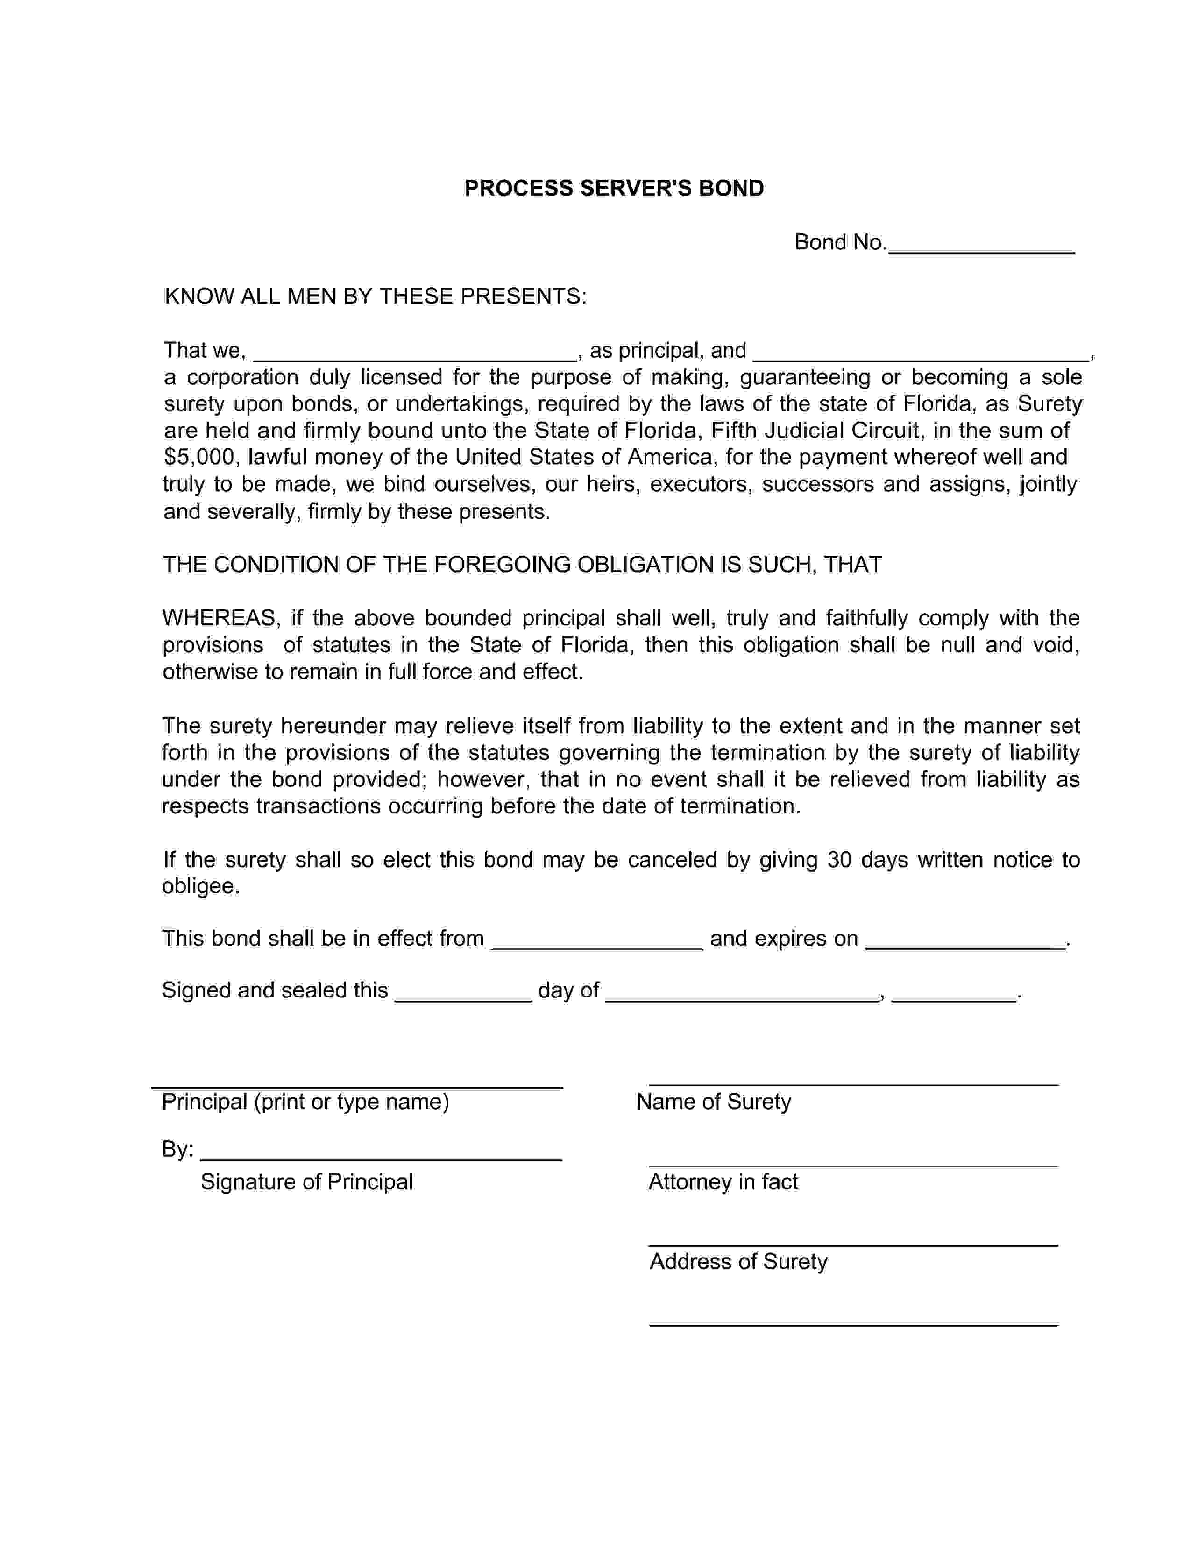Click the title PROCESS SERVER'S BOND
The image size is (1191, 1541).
(613, 188)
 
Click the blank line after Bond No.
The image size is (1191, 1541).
(981, 247)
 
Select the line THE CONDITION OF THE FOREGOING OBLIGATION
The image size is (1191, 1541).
(522, 565)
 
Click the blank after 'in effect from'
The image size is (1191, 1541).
(597, 943)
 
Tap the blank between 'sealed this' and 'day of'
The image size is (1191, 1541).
(463, 994)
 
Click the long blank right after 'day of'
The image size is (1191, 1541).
(742, 994)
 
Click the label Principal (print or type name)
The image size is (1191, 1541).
(305, 1102)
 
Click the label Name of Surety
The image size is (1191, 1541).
(713, 1102)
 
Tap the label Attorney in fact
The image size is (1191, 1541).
(723, 1182)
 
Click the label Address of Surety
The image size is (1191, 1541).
(738, 1262)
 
